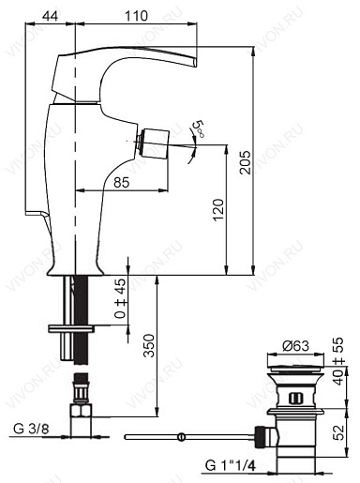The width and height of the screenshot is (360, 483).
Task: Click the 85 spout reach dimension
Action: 121,183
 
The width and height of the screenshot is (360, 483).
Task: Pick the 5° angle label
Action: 199,128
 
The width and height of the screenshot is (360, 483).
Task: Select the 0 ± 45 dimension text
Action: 120,300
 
